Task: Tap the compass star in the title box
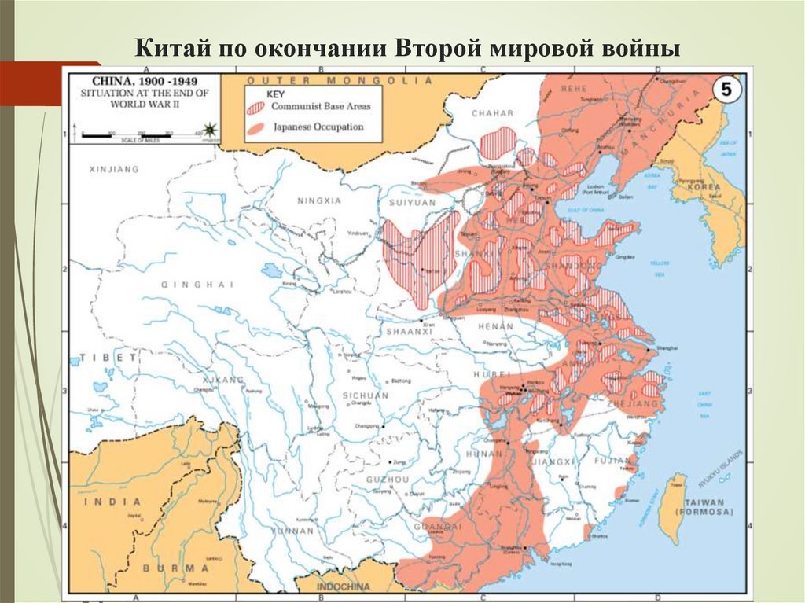(209, 128)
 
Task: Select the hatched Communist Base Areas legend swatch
(257, 108)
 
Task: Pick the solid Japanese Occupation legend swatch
(256, 127)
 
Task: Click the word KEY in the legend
(278, 93)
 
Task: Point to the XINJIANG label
(114, 169)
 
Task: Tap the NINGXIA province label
(319, 200)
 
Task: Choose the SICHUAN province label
(365, 395)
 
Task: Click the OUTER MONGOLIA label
(340, 81)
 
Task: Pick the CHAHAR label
(492, 113)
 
